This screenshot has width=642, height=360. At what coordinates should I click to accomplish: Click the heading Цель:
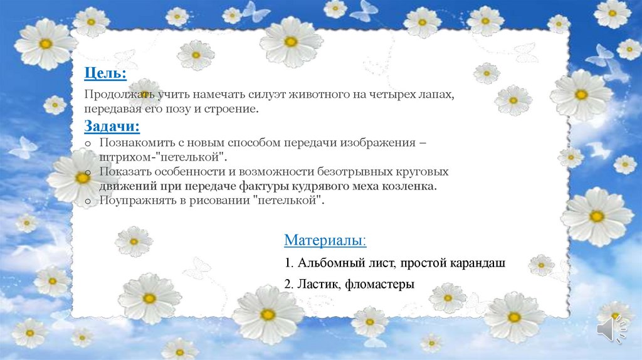(x=105, y=74)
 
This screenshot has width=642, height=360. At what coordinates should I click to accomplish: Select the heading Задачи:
(x=112, y=127)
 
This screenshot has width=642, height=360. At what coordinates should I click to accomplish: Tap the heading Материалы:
(x=325, y=240)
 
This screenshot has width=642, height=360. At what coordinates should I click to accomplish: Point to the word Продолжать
(x=113, y=95)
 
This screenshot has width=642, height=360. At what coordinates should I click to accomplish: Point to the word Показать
(x=123, y=172)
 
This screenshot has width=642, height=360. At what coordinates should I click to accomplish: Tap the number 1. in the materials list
(x=288, y=263)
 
